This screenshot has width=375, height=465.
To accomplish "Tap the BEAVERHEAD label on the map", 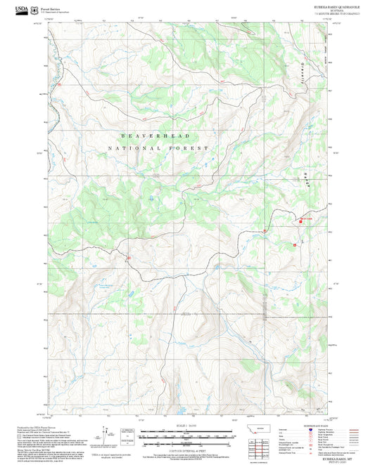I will (156, 134).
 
